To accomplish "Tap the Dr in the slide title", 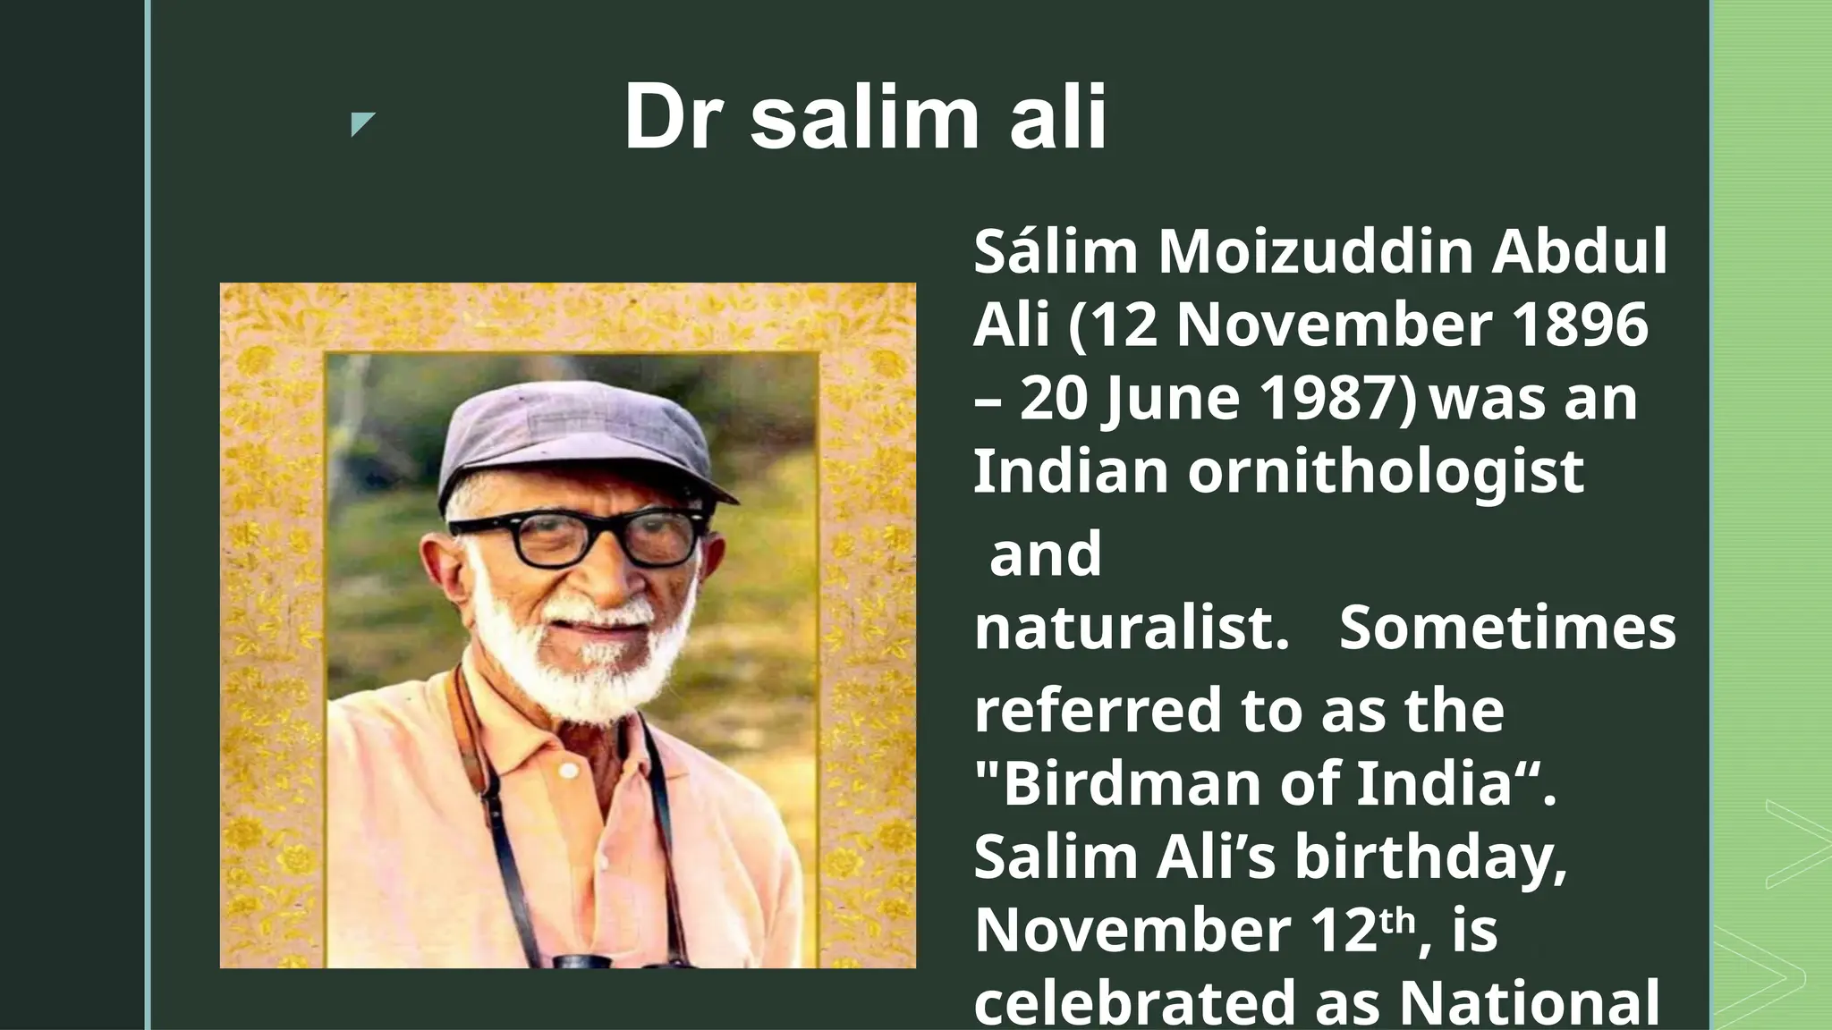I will pos(673,117).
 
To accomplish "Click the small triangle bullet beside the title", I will pos(361,124).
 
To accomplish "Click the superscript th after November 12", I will pos(1398,918).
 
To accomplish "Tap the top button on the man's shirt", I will pos(567,770).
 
